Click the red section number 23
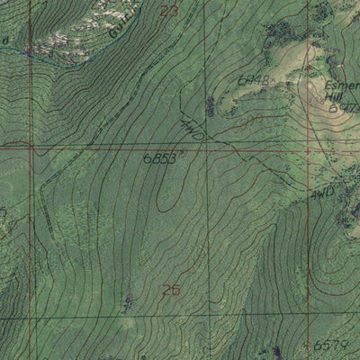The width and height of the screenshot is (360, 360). (169, 11)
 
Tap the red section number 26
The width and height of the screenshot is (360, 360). (170, 290)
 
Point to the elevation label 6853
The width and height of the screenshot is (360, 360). (158, 158)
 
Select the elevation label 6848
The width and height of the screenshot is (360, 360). (254, 81)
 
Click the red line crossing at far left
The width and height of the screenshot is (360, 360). (31, 144)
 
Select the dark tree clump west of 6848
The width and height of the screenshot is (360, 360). (211, 106)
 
